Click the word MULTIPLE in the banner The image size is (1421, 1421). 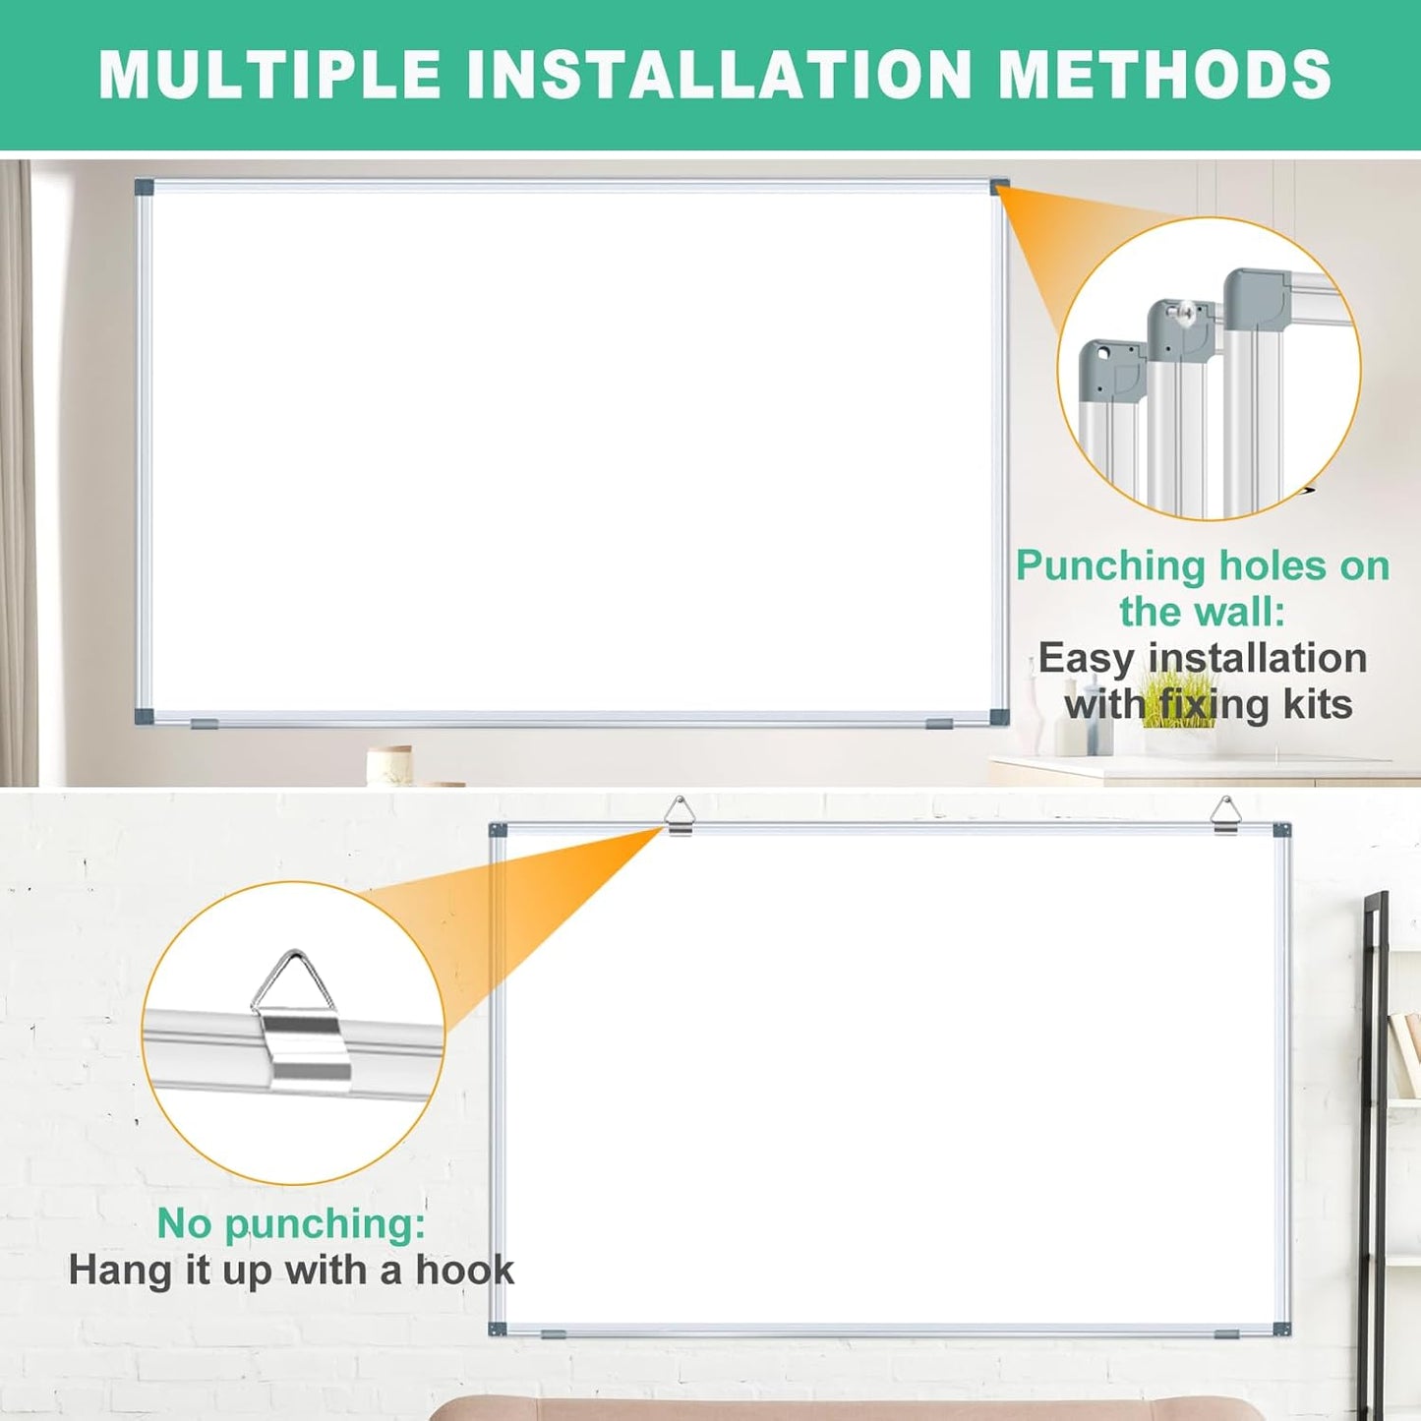(270, 75)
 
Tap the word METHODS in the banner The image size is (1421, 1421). (1164, 75)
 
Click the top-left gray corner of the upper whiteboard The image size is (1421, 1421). (145, 187)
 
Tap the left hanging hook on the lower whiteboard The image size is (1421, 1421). (680, 815)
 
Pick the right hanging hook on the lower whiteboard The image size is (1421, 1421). (1225, 815)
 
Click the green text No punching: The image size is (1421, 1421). (291, 1223)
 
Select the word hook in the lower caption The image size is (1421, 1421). (464, 1270)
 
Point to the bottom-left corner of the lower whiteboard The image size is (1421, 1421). (498, 1329)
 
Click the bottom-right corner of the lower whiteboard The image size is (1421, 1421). (1281, 1329)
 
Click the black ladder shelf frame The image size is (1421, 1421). (1374, 1082)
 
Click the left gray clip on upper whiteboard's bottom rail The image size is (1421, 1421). (206, 724)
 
